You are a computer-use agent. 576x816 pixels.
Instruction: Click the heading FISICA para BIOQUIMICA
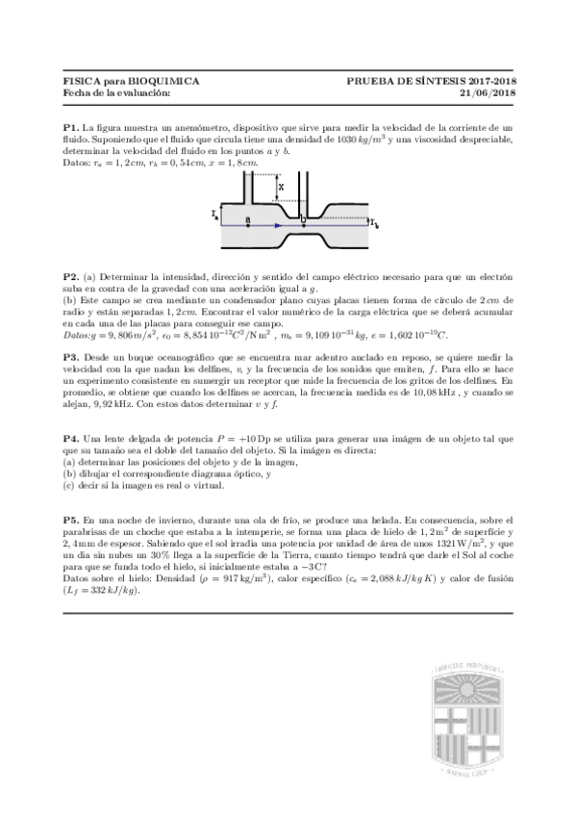131,83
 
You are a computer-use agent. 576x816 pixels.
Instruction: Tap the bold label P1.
71,127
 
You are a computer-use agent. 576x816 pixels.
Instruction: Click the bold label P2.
71,276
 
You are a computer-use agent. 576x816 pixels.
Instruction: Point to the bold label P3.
71,356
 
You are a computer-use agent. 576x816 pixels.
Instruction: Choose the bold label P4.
71,439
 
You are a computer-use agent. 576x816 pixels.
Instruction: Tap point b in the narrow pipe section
302,221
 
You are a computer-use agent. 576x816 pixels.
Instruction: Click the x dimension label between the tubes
279,185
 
